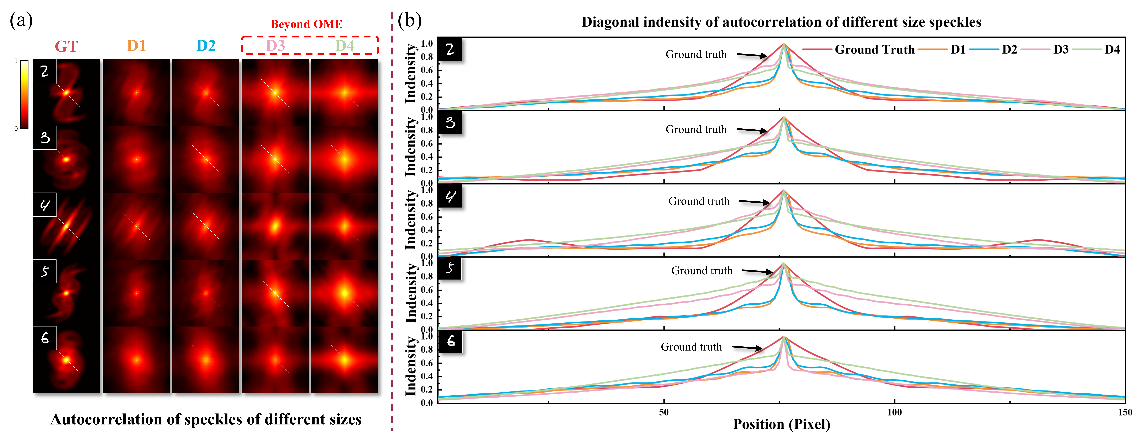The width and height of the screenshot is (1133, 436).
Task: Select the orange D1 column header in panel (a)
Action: pyautogui.click(x=136, y=46)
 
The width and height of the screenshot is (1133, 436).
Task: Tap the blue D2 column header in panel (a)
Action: pyautogui.click(x=206, y=46)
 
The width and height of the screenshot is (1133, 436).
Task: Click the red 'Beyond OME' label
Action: pyautogui.click(x=307, y=24)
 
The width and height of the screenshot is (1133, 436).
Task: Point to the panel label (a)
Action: pyautogui.click(x=21, y=20)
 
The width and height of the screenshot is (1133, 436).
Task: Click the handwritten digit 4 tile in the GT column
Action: pyautogui.click(x=45, y=205)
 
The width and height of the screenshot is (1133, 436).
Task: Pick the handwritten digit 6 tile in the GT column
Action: pyautogui.click(x=45, y=338)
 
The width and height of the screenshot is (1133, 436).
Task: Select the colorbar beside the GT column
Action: pyautogui.click(x=24, y=94)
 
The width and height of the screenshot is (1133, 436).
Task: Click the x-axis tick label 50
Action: pyautogui.click(x=664, y=412)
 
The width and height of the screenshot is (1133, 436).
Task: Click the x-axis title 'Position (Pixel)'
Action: pyautogui.click(x=782, y=424)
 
